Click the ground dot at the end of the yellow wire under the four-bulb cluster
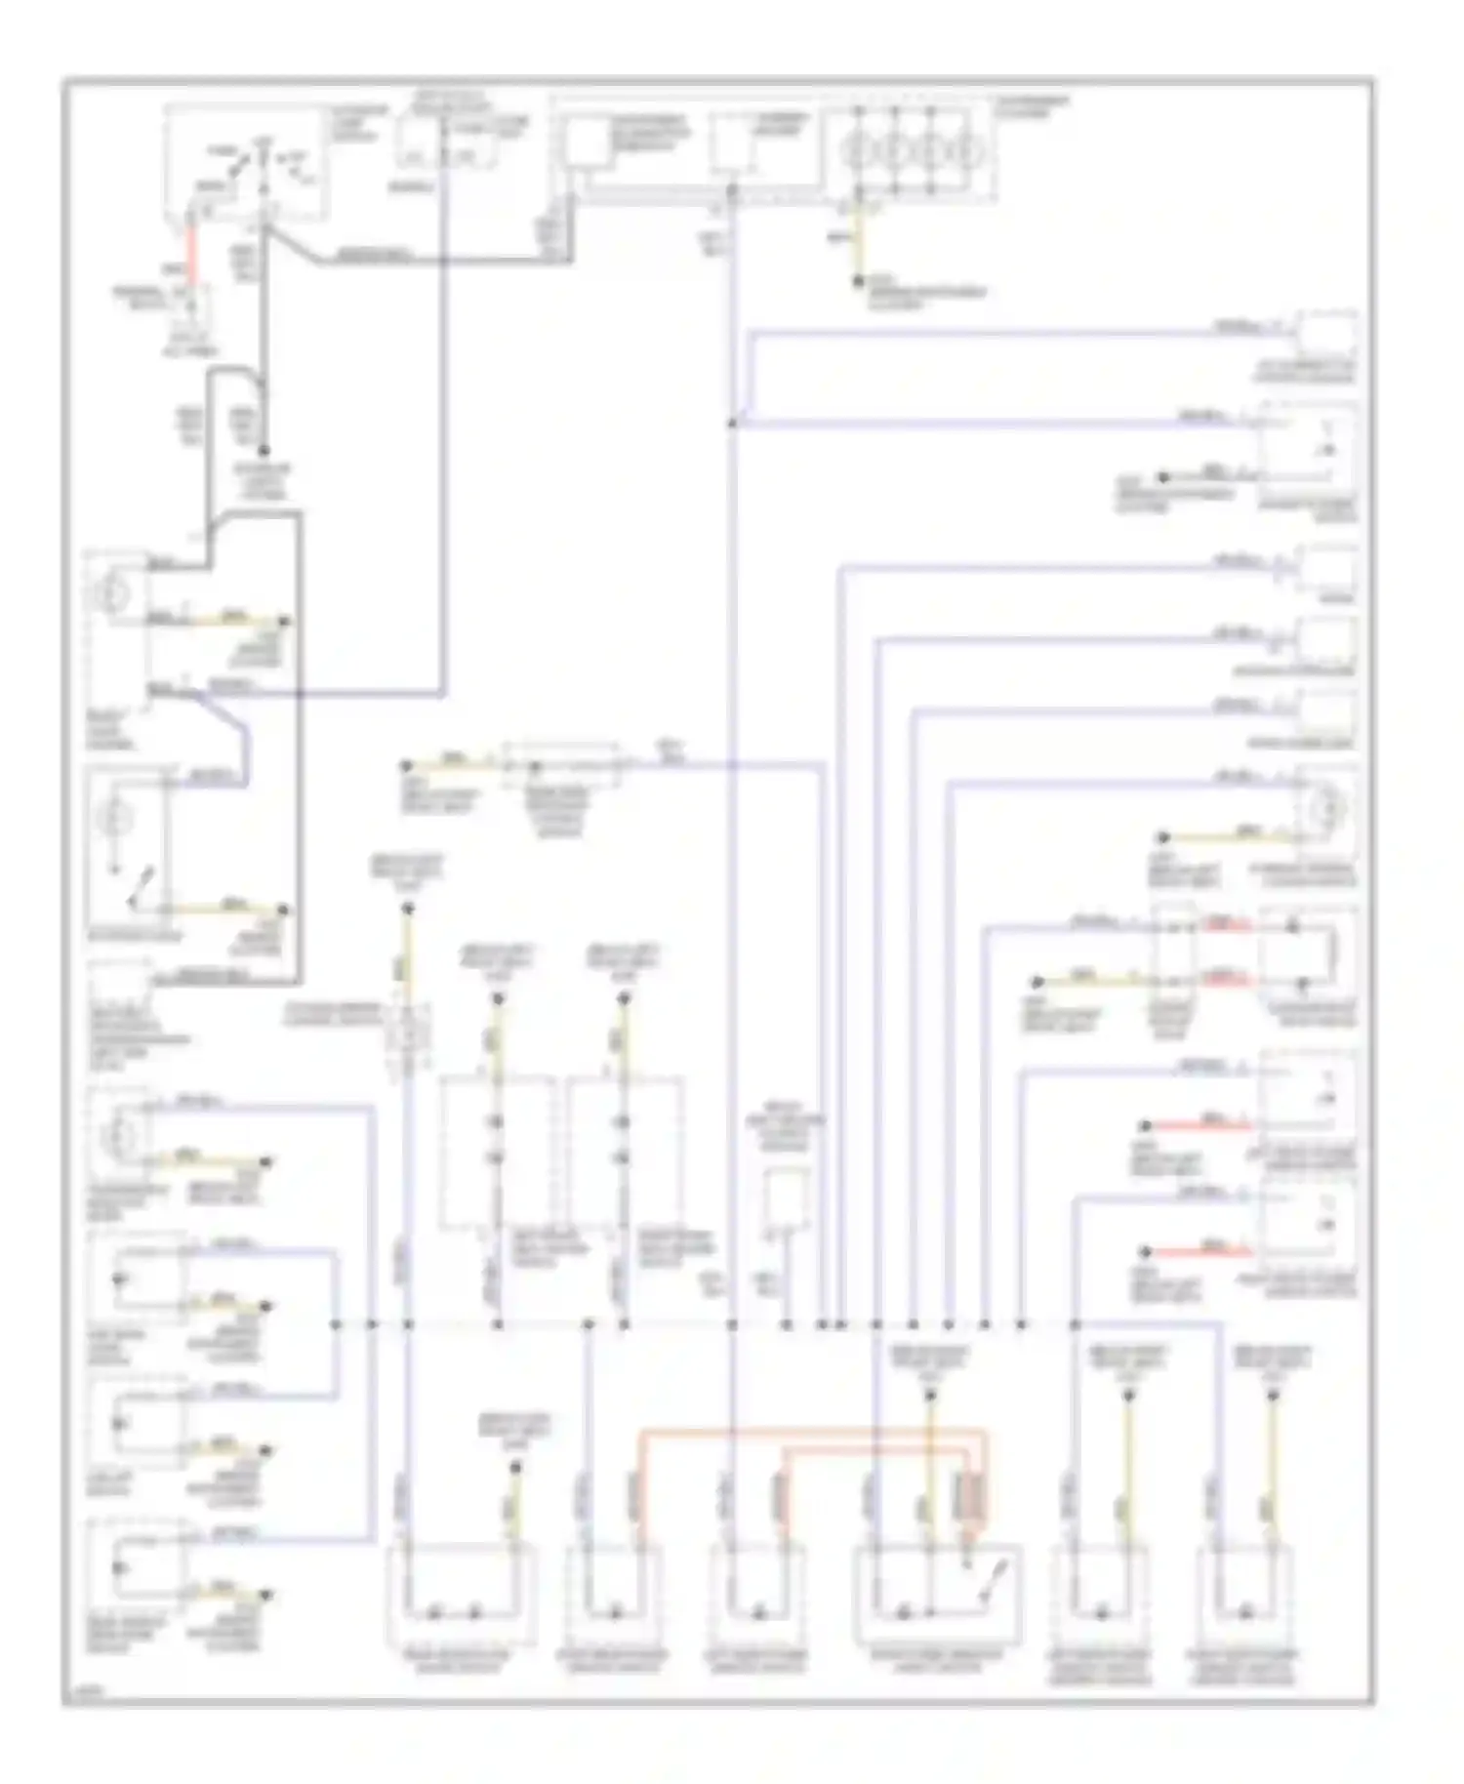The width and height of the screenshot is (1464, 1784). pyautogui.click(x=858, y=281)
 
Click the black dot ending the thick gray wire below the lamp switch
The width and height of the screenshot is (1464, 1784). pyautogui.click(x=263, y=451)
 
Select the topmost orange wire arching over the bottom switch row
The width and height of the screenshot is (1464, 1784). pyautogui.click(x=810, y=1432)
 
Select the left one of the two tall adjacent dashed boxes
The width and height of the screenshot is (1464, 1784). pyautogui.click(x=497, y=1152)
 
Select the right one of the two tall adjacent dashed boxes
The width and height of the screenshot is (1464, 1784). pyautogui.click(x=626, y=1152)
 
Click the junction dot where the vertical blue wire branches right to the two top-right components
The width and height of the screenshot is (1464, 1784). pyautogui.click(x=732, y=424)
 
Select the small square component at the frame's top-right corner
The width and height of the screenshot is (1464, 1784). pyautogui.click(x=1325, y=334)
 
